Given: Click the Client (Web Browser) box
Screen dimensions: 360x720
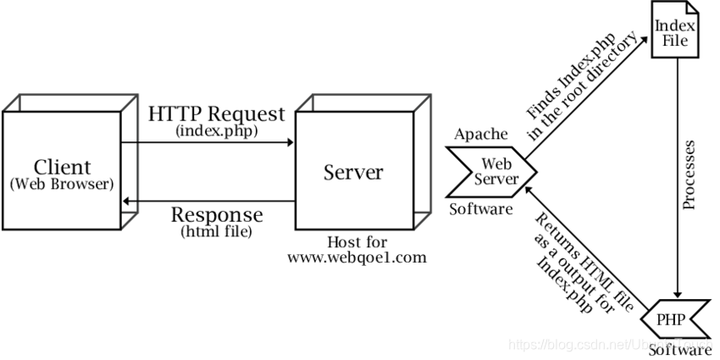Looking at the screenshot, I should [61, 169].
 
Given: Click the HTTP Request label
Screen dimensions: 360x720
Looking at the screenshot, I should [216, 114].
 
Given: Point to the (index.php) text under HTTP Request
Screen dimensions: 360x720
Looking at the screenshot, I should [216, 131].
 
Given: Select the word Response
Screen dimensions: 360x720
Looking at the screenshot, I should [216, 214].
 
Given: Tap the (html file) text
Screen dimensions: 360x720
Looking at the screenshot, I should [216, 231].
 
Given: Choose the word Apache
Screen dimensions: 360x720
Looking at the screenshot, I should [480, 134].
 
